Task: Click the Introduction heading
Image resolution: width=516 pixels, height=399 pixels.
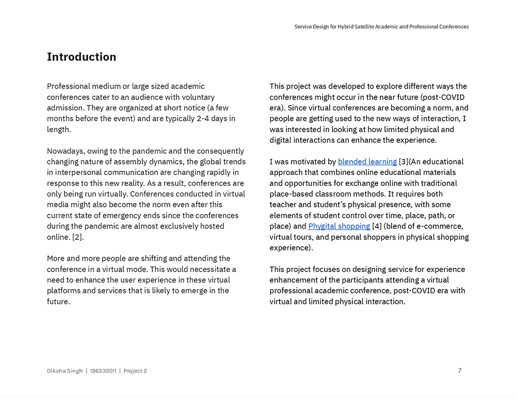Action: coord(82,57)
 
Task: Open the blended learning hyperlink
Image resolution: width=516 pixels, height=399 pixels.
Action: coord(367,162)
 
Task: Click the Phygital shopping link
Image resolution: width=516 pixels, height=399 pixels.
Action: coord(339,226)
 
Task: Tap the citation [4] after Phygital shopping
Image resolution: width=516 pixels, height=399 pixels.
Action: coord(377,226)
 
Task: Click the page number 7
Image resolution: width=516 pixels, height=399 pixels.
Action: coord(460,370)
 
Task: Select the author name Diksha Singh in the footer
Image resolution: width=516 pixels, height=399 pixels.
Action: coord(64,371)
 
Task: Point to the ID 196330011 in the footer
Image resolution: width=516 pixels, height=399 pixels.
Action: coord(103,371)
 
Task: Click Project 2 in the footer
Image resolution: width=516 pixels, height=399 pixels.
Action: coord(135,371)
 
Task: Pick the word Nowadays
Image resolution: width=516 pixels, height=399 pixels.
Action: coord(66,151)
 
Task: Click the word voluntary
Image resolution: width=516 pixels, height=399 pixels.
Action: coord(197,97)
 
